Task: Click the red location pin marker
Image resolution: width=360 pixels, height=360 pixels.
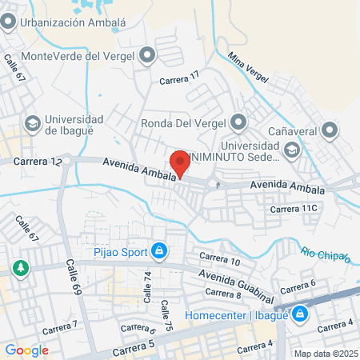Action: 180,163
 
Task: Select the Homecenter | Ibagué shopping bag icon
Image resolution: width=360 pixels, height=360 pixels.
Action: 299,314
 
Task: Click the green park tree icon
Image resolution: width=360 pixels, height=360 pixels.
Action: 19,267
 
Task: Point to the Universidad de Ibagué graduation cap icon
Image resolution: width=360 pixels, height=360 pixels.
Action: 32,123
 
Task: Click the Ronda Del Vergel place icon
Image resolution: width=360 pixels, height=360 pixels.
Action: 238,123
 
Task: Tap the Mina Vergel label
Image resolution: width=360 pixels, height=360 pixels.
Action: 246,65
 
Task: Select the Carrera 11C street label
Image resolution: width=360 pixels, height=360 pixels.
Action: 294,209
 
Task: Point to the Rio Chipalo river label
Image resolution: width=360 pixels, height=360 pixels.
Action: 326,254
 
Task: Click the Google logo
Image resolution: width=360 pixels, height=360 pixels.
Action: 26,350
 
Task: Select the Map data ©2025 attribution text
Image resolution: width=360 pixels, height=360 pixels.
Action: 324,354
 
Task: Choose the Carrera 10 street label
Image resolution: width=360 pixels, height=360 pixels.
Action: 219,258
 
